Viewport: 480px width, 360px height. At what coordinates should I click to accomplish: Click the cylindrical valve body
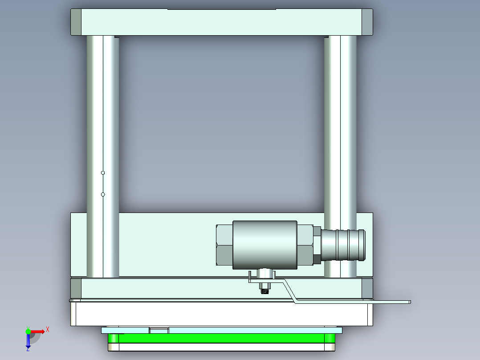coord(265,245)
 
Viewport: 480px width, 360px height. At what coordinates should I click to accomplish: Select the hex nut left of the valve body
coord(224,245)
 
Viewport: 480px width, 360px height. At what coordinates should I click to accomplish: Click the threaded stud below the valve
coord(265,290)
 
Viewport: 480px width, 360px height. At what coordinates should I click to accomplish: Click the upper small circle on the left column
coord(103,172)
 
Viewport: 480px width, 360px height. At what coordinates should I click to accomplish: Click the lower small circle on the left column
coord(103,194)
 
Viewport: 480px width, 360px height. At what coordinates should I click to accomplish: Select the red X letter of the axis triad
coord(47,329)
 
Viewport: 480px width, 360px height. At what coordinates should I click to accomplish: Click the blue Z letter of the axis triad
coord(28,349)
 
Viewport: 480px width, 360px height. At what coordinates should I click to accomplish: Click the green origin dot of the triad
coord(28,331)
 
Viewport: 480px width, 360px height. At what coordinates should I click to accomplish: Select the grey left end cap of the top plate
coord(76,22)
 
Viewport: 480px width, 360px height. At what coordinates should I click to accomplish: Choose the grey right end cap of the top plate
coord(367,22)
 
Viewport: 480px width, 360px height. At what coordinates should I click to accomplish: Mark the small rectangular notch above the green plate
coord(159,330)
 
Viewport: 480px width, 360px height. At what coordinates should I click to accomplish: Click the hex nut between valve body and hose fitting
coord(305,245)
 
